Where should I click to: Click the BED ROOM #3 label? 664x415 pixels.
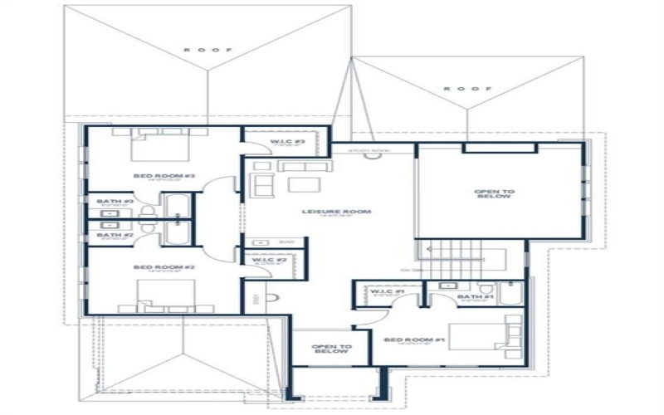[163, 175]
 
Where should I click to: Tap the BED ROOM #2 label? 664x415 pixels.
[163, 267]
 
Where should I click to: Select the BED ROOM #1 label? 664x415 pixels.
[403, 339]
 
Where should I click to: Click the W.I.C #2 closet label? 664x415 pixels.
[269, 260]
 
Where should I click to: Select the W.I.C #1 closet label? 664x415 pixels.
[387, 291]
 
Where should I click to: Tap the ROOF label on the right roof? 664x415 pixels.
[468, 88]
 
